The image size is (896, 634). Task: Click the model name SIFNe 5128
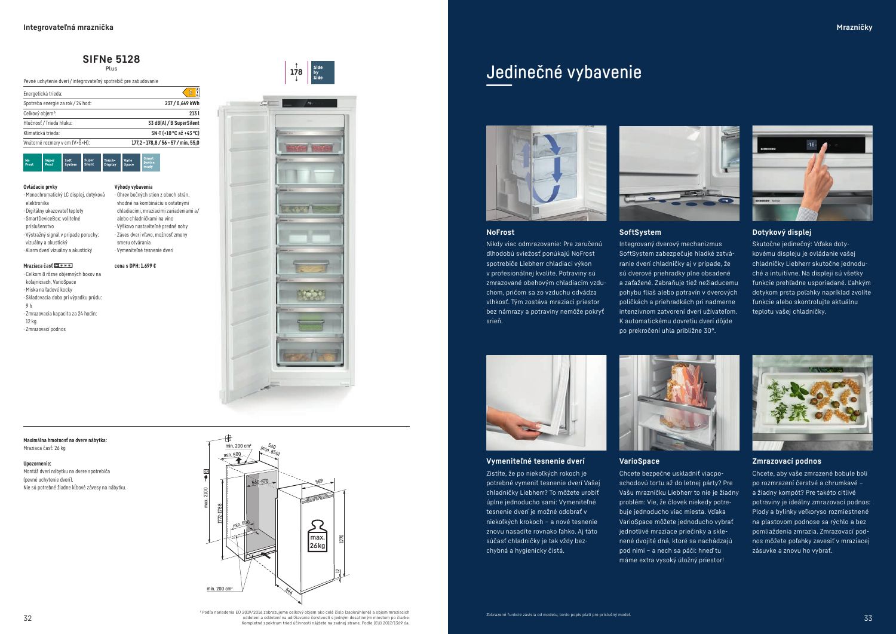[x=112, y=59]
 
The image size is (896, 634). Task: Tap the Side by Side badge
[x=322, y=72]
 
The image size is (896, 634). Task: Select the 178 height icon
[x=296, y=72]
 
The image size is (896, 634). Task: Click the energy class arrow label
[x=191, y=93]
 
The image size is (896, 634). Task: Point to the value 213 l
[x=194, y=113]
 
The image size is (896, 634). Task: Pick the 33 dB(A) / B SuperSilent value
[x=173, y=123]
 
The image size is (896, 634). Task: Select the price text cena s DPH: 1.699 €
[x=135, y=266]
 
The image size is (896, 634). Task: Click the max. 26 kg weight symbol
[x=317, y=536]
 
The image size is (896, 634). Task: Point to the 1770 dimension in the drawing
[x=342, y=538]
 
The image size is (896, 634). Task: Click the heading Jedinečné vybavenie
[x=563, y=72]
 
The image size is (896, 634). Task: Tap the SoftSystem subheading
[x=640, y=232]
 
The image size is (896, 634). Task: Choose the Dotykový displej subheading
[x=781, y=232]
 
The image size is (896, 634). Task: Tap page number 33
[x=868, y=618]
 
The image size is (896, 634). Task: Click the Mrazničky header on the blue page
[x=854, y=27]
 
